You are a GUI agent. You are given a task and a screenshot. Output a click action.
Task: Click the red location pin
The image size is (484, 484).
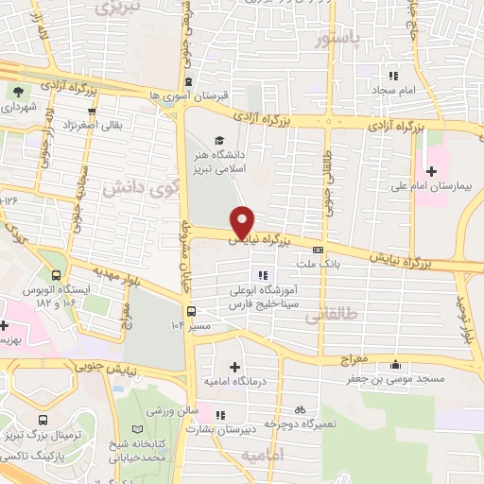click(243, 221)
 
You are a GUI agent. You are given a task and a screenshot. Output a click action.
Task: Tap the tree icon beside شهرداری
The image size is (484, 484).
click(18, 92)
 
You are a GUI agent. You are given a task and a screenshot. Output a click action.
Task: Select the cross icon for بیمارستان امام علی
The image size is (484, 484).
click(431, 171)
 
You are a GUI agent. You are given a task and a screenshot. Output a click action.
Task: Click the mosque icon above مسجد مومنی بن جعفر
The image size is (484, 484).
click(394, 365)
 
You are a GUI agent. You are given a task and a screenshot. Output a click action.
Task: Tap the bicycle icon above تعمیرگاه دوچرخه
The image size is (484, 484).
click(299, 409)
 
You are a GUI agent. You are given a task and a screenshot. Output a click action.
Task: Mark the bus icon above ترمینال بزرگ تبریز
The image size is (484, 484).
click(40, 419)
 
